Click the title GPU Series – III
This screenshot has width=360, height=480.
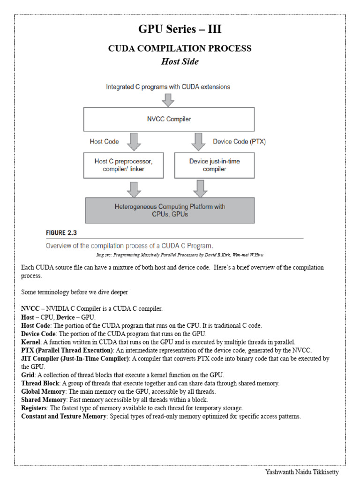[180, 30]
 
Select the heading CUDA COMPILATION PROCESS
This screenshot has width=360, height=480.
[180, 48]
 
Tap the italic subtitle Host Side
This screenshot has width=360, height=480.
[180, 62]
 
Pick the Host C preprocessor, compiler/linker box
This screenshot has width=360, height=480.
[124, 165]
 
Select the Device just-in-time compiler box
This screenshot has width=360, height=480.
[214, 165]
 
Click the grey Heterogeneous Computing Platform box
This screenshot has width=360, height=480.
[170, 210]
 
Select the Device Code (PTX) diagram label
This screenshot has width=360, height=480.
[239, 142]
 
